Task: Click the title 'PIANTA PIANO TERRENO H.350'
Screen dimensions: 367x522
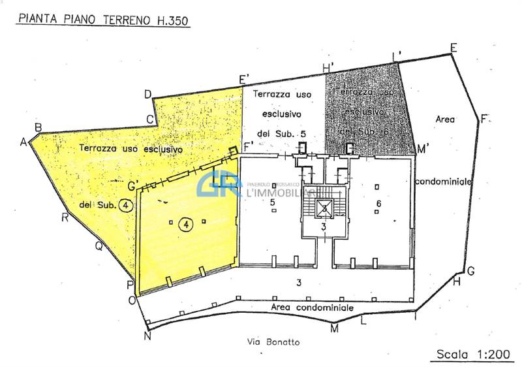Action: click(103, 20)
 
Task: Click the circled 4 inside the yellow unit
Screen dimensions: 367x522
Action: click(187, 224)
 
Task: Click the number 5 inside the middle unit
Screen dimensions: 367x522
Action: click(273, 203)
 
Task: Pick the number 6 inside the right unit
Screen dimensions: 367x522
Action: click(378, 203)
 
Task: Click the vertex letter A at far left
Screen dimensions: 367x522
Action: click(24, 142)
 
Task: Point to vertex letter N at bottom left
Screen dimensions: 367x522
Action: click(147, 336)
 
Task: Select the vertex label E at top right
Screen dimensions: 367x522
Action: click(453, 47)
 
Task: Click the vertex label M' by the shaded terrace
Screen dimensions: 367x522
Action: click(422, 150)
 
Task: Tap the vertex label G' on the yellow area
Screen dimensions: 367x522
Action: click(133, 186)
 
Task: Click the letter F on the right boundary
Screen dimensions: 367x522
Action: click(484, 119)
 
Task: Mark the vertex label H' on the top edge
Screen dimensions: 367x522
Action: click(328, 67)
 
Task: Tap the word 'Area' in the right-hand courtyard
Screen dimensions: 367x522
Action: click(444, 119)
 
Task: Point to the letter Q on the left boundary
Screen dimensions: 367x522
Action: click(99, 246)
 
